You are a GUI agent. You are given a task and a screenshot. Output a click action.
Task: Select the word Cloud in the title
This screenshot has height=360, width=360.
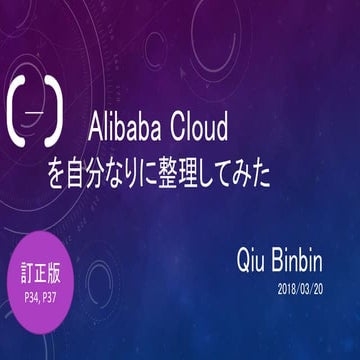(x=199, y=127)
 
